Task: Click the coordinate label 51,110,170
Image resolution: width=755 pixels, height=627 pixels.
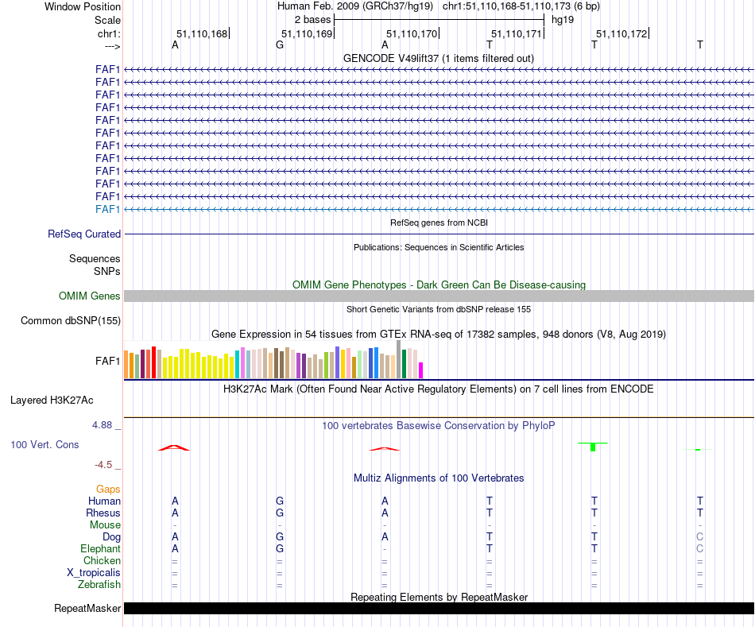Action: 412,33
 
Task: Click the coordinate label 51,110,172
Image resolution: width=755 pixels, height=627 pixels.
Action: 621,33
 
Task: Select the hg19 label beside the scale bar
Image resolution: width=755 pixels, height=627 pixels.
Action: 563,18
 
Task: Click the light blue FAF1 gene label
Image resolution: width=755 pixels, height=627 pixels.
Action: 107,209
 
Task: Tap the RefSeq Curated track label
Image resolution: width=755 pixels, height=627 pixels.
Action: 84,234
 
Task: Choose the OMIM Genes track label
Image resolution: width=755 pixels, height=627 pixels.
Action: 90,296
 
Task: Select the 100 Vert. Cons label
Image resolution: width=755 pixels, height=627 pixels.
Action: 45,445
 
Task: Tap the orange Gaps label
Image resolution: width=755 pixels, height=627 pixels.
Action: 108,490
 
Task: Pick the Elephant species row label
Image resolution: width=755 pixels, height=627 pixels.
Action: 100,549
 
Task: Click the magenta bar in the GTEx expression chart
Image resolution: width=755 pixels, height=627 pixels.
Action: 421,370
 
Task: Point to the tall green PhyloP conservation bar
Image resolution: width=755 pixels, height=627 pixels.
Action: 593,447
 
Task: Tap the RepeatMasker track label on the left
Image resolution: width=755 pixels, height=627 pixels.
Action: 87,609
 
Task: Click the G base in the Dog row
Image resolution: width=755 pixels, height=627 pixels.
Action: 280,537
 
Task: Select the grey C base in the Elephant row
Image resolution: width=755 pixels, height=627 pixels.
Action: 699,549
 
